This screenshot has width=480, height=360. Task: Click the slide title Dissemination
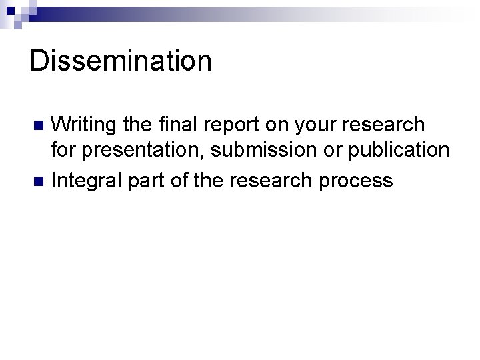click(121, 61)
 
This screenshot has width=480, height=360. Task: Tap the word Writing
click(84, 125)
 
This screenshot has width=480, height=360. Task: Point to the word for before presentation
click(63, 151)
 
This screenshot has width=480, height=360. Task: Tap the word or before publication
click(332, 151)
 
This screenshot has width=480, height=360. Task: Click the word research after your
click(391, 125)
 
